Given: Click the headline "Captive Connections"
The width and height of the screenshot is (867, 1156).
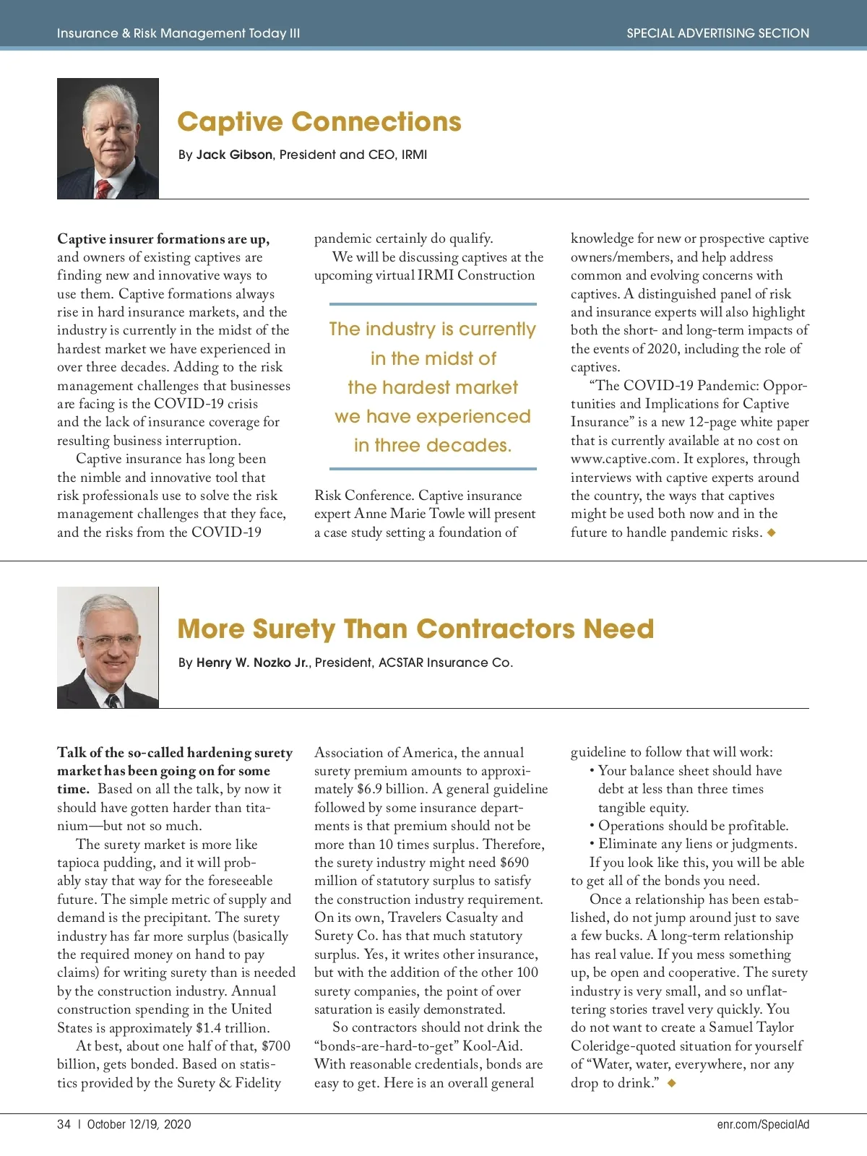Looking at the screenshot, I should click(319, 122).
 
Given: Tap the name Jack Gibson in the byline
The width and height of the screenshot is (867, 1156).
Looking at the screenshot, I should click(234, 155).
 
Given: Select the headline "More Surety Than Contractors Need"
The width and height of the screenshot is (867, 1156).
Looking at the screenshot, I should click(415, 629).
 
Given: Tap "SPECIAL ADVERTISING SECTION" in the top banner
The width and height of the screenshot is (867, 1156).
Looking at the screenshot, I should click(717, 33).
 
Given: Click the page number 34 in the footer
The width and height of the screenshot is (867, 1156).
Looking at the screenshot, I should click(64, 1124).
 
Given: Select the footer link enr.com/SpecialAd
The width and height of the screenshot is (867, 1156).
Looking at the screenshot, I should click(763, 1124).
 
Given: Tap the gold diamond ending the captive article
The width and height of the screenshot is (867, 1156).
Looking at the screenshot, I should click(772, 532).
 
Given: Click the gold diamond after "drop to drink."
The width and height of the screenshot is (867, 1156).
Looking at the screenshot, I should click(671, 1083).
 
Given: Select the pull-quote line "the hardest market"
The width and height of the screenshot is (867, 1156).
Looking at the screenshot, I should click(432, 388).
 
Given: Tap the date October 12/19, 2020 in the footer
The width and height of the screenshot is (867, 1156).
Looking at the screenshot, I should click(139, 1124).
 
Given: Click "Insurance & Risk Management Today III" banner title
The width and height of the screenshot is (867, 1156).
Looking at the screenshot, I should click(178, 33).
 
